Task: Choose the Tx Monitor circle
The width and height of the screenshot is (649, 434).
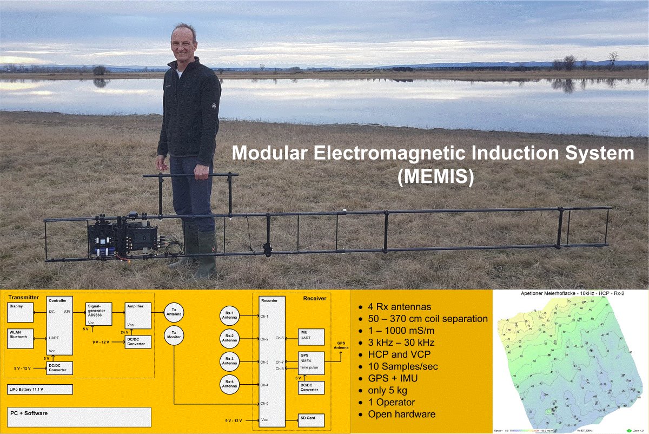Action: (x=174, y=336)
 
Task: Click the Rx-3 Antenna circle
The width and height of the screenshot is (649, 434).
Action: (x=229, y=361)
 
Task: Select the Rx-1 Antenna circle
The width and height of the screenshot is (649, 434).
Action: (x=229, y=316)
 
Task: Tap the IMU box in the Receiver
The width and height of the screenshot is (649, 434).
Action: (x=312, y=336)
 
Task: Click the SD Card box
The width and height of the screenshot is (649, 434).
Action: (x=312, y=419)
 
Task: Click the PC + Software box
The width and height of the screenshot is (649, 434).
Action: (x=79, y=416)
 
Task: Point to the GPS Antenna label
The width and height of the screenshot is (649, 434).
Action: (x=341, y=344)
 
